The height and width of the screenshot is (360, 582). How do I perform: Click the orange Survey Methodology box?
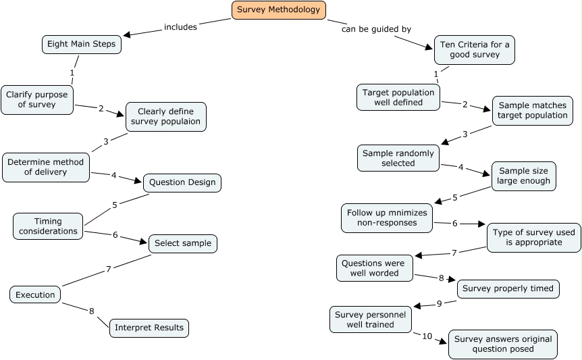point(279,10)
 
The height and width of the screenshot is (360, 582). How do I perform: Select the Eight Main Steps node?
point(82,45)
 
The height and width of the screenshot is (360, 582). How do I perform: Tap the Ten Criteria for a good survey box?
point(474,49)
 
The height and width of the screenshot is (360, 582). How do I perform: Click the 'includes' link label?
point(180,27)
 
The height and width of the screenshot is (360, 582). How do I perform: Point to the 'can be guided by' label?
point(376,29)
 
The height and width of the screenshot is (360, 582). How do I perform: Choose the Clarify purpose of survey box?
point(37,100)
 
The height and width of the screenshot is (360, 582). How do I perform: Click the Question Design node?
point(182,182)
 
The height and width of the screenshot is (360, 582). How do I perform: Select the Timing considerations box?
point(48,226)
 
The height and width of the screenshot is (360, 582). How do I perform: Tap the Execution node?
point(35,294)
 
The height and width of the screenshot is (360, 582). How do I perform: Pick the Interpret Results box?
point(149,328)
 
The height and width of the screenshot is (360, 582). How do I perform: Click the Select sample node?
point(182,243)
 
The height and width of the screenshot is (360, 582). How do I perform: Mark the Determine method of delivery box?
point(46,167)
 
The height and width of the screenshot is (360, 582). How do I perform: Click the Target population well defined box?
point(398,97)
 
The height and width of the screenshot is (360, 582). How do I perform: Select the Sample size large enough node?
point(523,175)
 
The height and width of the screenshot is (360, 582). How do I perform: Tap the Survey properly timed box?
point(508,288)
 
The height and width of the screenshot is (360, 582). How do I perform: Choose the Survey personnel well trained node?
point(371,319)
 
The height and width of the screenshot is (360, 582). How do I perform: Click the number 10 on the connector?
point(427,336)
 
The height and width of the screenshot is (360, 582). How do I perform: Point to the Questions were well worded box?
point(375,268)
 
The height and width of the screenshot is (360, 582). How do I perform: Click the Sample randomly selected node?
point(398,158)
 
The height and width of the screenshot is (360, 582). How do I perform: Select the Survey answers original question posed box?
point(503,344)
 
